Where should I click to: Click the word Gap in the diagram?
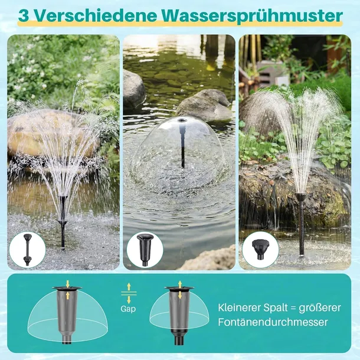pyautogui.click(x=128, y=308)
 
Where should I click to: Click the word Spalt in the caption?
pyautogui.click(x=286, y=307)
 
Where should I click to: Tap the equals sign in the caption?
pyautogui.click(x=307, y=307)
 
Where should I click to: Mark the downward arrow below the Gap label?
pyautogui.click(x=129, y=300)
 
